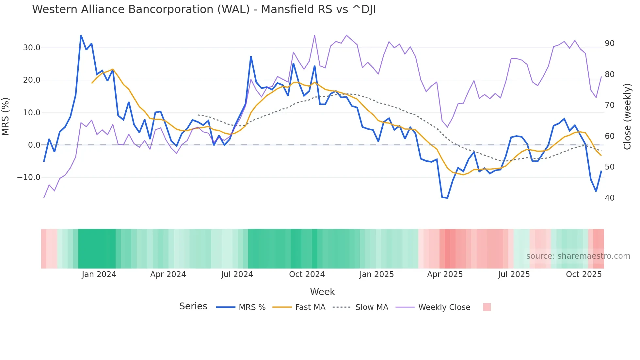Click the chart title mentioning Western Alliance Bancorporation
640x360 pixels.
click(204, 9)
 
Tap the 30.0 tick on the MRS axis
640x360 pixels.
click(32, 48)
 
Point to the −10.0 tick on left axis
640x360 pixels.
click(29, 177)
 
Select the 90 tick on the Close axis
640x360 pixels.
click(609, 43)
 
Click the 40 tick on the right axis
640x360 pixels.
click(609, 198)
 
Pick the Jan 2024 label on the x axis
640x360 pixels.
click(99, 274)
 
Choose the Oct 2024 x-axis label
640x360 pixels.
click(307, 274)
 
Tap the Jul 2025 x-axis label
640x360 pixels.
click(514, 274)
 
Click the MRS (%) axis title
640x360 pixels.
click(6, 117)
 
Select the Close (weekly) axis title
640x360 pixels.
click(627, 117)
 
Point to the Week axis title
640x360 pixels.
click(322, 292)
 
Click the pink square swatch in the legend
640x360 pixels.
click(487, 307)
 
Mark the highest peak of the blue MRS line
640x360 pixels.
click(81, 36)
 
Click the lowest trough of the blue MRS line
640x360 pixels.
click(447, 198)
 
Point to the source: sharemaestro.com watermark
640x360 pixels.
click(578, 256)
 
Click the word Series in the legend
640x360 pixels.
click(193, 306)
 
